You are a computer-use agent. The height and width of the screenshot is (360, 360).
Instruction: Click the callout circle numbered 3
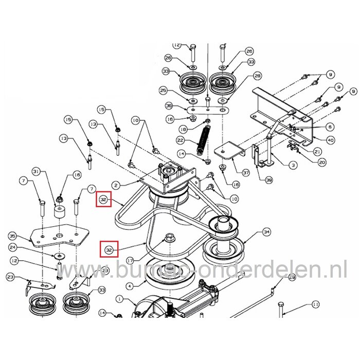point(293,165)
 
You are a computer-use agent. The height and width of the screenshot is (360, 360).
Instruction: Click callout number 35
point(13,236)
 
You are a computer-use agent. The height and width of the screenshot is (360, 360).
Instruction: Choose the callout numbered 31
point(36,171)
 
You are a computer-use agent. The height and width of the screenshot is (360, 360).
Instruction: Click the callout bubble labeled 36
point(169,107)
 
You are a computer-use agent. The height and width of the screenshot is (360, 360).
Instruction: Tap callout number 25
point(164,91)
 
